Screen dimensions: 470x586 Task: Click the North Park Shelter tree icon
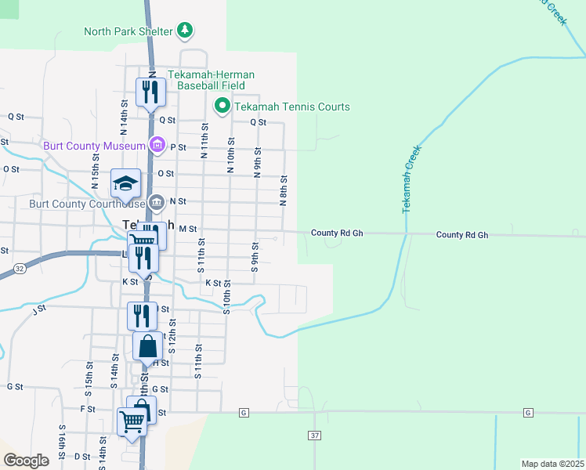tap(185, 31)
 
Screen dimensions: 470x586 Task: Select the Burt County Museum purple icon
tap(157, 145)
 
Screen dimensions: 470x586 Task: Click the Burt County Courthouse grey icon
tap(157, 203)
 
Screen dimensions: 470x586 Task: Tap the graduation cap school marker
tap(125, 185)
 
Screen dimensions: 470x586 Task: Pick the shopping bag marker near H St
tap(147, 347)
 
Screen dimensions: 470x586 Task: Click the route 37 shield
tap(315, 435)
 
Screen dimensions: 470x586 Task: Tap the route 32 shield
tap(19, 268)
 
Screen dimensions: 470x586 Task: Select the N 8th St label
tap(283, 190)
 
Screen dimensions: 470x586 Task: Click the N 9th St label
tap(257, 161)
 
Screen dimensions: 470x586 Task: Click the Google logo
tap(27, 460)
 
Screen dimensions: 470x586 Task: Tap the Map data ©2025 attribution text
tap(552, 464)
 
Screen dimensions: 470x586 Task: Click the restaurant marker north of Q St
tap(149, 92)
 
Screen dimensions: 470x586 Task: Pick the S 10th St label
tap(226, 297)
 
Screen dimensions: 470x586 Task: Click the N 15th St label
tap(96, 175)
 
